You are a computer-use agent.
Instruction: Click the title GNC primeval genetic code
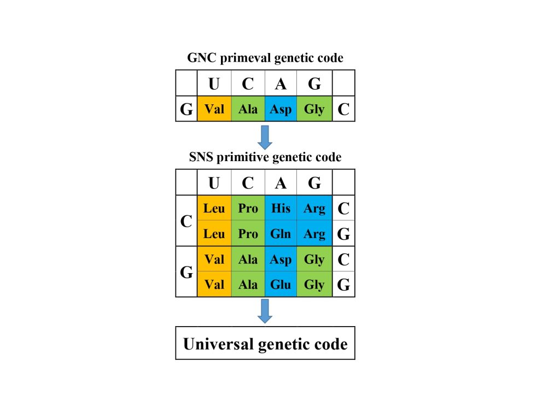point(265,57)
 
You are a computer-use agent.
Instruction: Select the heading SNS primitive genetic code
point(265,157)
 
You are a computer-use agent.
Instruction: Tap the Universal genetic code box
point(265,344)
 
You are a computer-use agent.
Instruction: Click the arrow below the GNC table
point(265,137)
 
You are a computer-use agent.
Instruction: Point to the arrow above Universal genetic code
point(265,311)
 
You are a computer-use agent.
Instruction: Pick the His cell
point(281,208)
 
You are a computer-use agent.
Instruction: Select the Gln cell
point(281,234)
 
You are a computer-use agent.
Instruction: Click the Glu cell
point(281,285)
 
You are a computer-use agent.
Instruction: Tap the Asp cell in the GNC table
point(281,109)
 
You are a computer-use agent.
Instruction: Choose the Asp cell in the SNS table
point(281,259)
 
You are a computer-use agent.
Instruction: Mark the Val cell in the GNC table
point(214,109)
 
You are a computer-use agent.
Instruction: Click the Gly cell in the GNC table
point(314,109)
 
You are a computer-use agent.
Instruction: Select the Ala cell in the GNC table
point(248,109)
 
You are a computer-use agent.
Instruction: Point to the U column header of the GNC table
point(214,84)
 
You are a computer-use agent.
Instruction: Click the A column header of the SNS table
point(281,182)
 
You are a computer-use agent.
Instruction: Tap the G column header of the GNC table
point(314,84)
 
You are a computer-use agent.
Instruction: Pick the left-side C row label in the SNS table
point(186,221)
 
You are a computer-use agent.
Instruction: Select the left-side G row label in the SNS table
point(186,272)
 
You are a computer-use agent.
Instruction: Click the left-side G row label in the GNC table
point(186,109)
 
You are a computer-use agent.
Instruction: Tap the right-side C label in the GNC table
point(343,109)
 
